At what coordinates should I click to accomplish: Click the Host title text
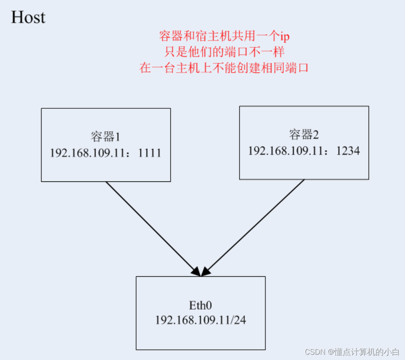[x=28, y=18]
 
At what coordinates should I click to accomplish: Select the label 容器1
[x=105, y=136]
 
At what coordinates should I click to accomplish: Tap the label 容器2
[x=304, y=134]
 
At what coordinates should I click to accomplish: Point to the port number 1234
[x=348, y=151]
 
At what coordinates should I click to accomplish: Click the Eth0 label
[x=200, y=305]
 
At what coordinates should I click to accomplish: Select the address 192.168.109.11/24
[x=200, y=320]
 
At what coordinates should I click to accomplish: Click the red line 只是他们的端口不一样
[x=224, y=52]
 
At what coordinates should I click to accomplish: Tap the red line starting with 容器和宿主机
[x=224, y=37]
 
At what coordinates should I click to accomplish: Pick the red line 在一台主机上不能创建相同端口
[x=224, y=68]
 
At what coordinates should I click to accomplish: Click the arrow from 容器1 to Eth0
[x=152, y=228]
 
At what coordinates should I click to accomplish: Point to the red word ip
[x=284, y=37]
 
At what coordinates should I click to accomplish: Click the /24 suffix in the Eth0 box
[x=239, y=320]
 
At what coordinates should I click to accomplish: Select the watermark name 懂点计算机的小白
[x=367, y=352]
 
